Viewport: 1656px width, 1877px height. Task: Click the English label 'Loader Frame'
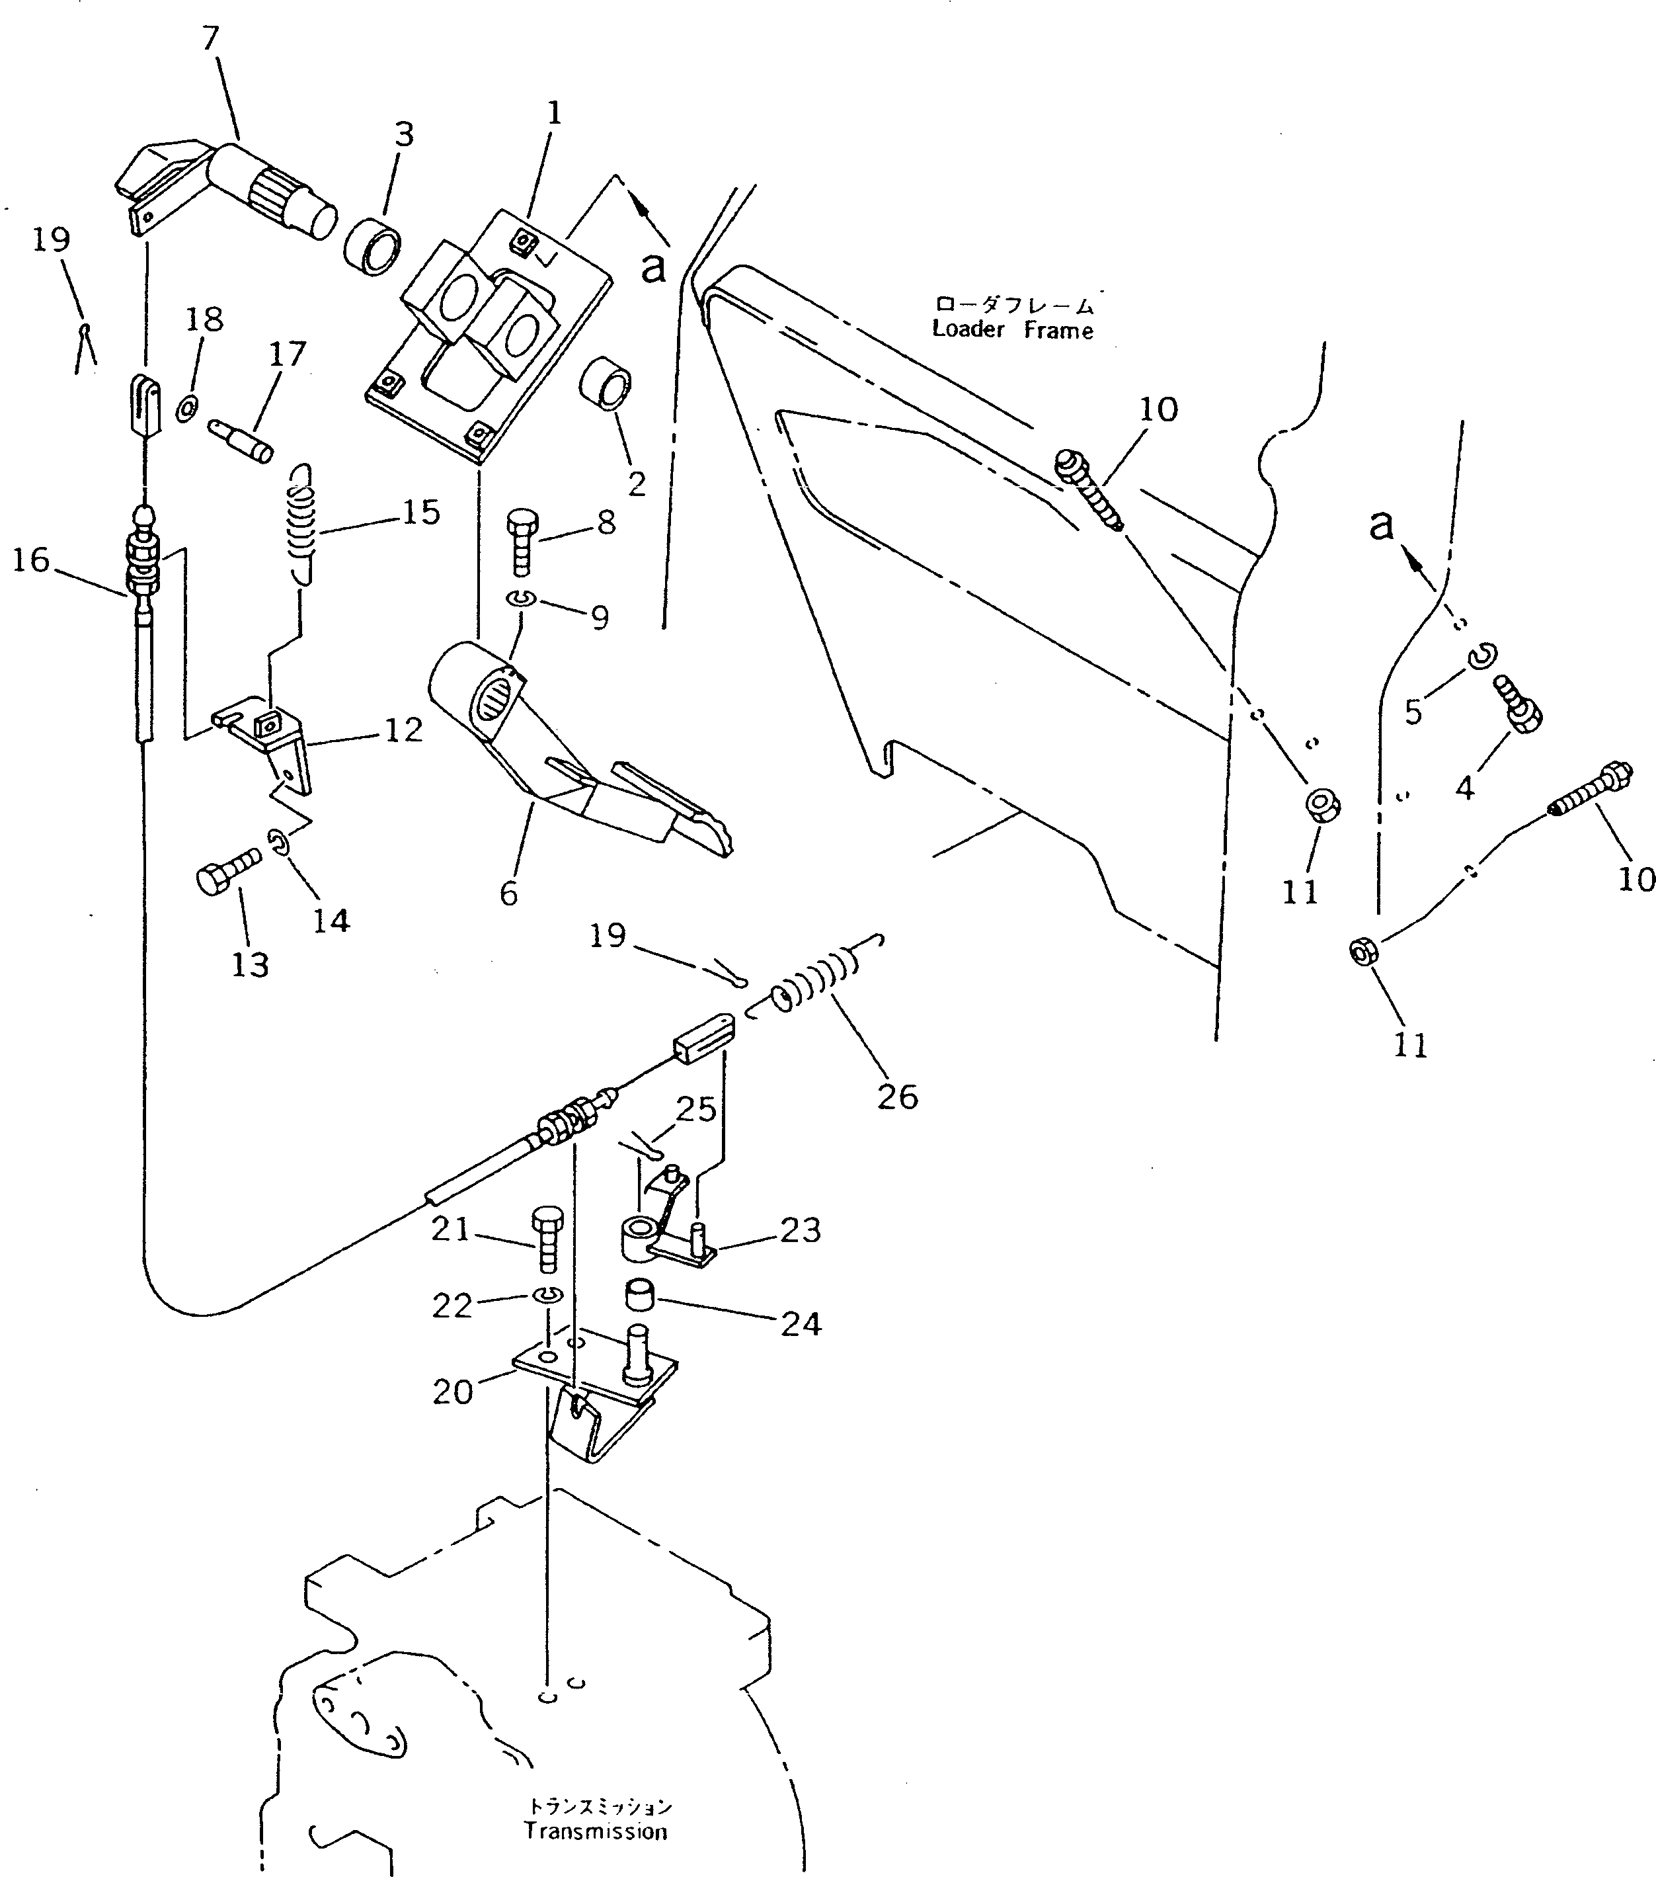[x=1013, y=329]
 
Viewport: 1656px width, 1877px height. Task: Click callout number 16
[x=30, y=560]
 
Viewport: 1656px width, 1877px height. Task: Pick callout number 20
[x=453, y=1392]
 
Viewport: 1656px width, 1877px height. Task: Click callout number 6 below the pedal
[x=508, y=894]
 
